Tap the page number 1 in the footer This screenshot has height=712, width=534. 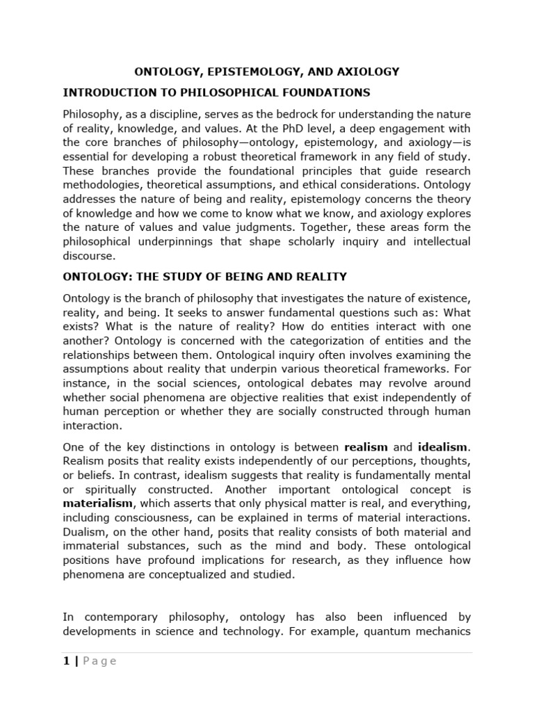pos(66,661)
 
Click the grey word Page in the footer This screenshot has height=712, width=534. pos(99,661)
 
